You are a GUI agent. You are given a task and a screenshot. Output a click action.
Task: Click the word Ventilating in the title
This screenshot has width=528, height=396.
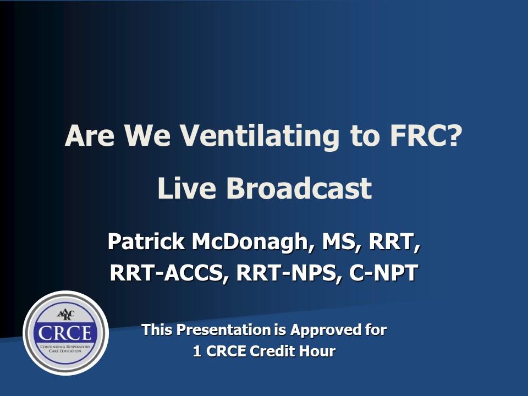pos(259,136)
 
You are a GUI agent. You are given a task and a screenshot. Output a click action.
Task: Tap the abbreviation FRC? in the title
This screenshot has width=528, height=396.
pos(426,135)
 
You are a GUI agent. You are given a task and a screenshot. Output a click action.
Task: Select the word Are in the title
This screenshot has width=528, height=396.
pos(90,135)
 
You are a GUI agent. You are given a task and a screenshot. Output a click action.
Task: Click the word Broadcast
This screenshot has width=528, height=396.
pos(299,188)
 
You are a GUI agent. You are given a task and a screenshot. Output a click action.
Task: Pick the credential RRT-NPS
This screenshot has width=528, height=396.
pos(288,273)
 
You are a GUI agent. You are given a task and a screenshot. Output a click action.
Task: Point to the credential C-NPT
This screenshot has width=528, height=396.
pos(383,272)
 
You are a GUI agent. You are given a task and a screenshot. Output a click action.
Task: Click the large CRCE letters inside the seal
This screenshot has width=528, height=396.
pos(65,333)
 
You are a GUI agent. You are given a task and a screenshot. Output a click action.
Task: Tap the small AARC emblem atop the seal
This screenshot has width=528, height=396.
pos(65,315)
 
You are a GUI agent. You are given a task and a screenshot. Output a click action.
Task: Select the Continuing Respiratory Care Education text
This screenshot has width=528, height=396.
pos(65,349)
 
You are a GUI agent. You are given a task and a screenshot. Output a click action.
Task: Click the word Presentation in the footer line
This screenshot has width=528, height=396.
pos(224,329)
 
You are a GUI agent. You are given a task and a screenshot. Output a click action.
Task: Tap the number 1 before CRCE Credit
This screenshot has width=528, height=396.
pos(197,351)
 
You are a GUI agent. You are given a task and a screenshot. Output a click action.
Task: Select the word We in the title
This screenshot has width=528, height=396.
pos(147,135)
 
